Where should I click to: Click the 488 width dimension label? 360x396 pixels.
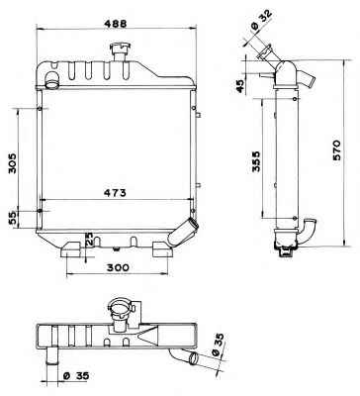[x=116, y=23]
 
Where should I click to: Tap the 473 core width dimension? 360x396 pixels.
[x=115, y=193]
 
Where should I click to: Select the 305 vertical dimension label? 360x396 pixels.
[x=12, y=163]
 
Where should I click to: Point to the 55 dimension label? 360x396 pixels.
[x=12, y=219]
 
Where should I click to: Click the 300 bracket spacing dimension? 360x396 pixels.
[x=118, y=267]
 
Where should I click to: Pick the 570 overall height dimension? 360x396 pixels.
[x=336, y=150]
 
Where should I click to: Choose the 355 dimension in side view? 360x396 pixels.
[x=256, y=161]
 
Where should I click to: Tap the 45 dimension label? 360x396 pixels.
[x=241, y=86]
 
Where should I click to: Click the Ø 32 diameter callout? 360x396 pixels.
[x=261, y=21]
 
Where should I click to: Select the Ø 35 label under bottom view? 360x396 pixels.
[x=76, y=375]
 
